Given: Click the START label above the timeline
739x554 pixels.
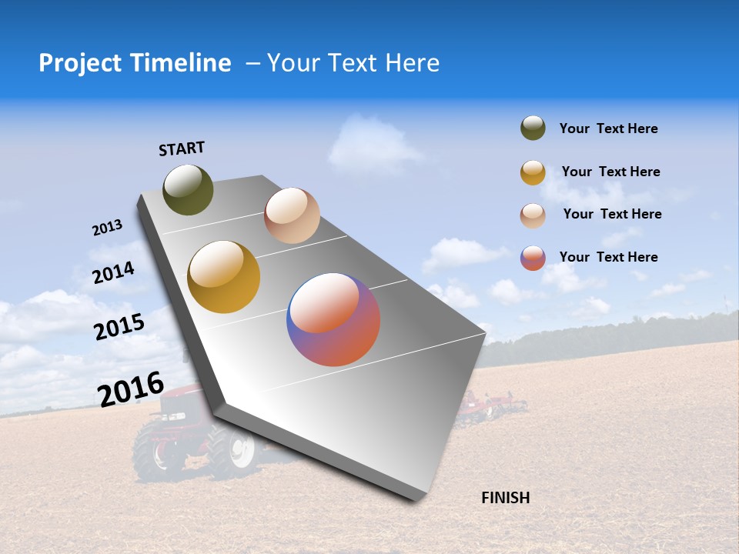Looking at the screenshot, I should point(182,148).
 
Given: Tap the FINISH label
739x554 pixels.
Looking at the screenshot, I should point(505,498).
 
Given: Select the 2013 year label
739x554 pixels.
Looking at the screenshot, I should point(107,228).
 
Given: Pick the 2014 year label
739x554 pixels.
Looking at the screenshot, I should point(113,272).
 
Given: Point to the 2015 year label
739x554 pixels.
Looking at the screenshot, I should point(119,327).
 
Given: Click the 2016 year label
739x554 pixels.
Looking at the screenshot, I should point(130,389).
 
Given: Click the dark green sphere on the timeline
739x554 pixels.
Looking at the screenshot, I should point(188,189).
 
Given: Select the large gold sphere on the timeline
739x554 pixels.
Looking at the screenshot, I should point(223,277).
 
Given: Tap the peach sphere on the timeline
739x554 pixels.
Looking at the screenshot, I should point(292,215).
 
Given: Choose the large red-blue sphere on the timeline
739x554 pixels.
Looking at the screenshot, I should point(333,319).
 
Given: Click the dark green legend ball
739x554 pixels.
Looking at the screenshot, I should point(533,128).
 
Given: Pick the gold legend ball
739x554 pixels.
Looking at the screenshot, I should point(533,172).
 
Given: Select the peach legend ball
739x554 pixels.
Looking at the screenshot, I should point(533,215).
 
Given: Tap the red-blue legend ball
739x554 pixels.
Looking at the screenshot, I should point(533,258).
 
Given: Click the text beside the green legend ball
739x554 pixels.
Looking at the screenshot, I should point(608,128).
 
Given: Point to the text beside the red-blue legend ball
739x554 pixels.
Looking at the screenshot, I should point(608,257).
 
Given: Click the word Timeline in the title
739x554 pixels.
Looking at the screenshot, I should point(182,63).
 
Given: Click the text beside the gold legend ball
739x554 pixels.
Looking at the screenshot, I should point(610,172).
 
